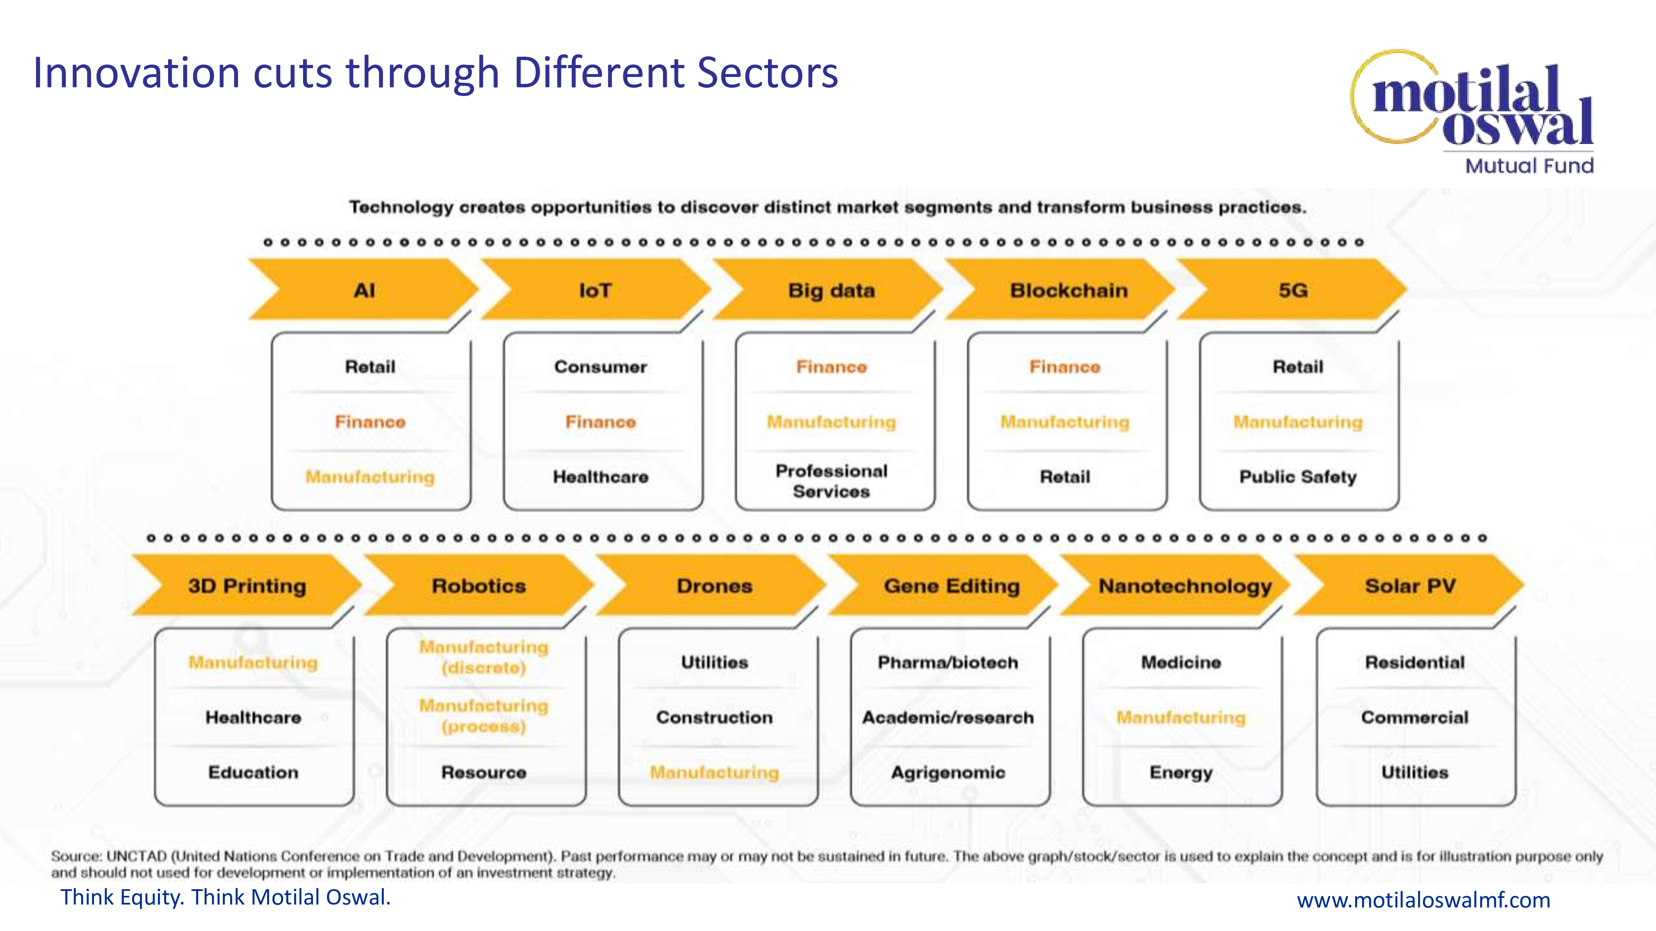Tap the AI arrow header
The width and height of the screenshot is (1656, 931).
pyautogui.click(x=364, y=290)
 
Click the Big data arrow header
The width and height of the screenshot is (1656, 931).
pyautogui.click(x=831, y=290)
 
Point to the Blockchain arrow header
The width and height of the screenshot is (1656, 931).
pyautogui.click(x=1069, y=290)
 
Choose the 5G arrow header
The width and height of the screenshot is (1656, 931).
pyautogui.click(x=1293, y=290)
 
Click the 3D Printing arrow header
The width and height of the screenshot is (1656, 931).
pyautogui.click(x=247, y=586)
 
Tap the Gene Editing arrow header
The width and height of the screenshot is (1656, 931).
pyautogui.click(x=951, y=586)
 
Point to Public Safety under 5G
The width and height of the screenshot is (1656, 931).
pyautogui.click(x=1297, y=477)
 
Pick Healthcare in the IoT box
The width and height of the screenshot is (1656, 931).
pyautogui.click(x=600, y=477)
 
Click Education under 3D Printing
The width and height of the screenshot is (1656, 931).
pyautogui.click(x=253, y=772)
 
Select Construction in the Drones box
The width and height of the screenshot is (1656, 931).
pyautogui.click(x=714, y=717)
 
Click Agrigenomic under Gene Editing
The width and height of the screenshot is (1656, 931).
pyautogui.click(x=948, y=772)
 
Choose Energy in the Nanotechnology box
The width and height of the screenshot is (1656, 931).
pyautogui.click(x=1181, y=772)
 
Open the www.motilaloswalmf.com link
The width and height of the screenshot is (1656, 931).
pyautogui.click(x=1423, y=900)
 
